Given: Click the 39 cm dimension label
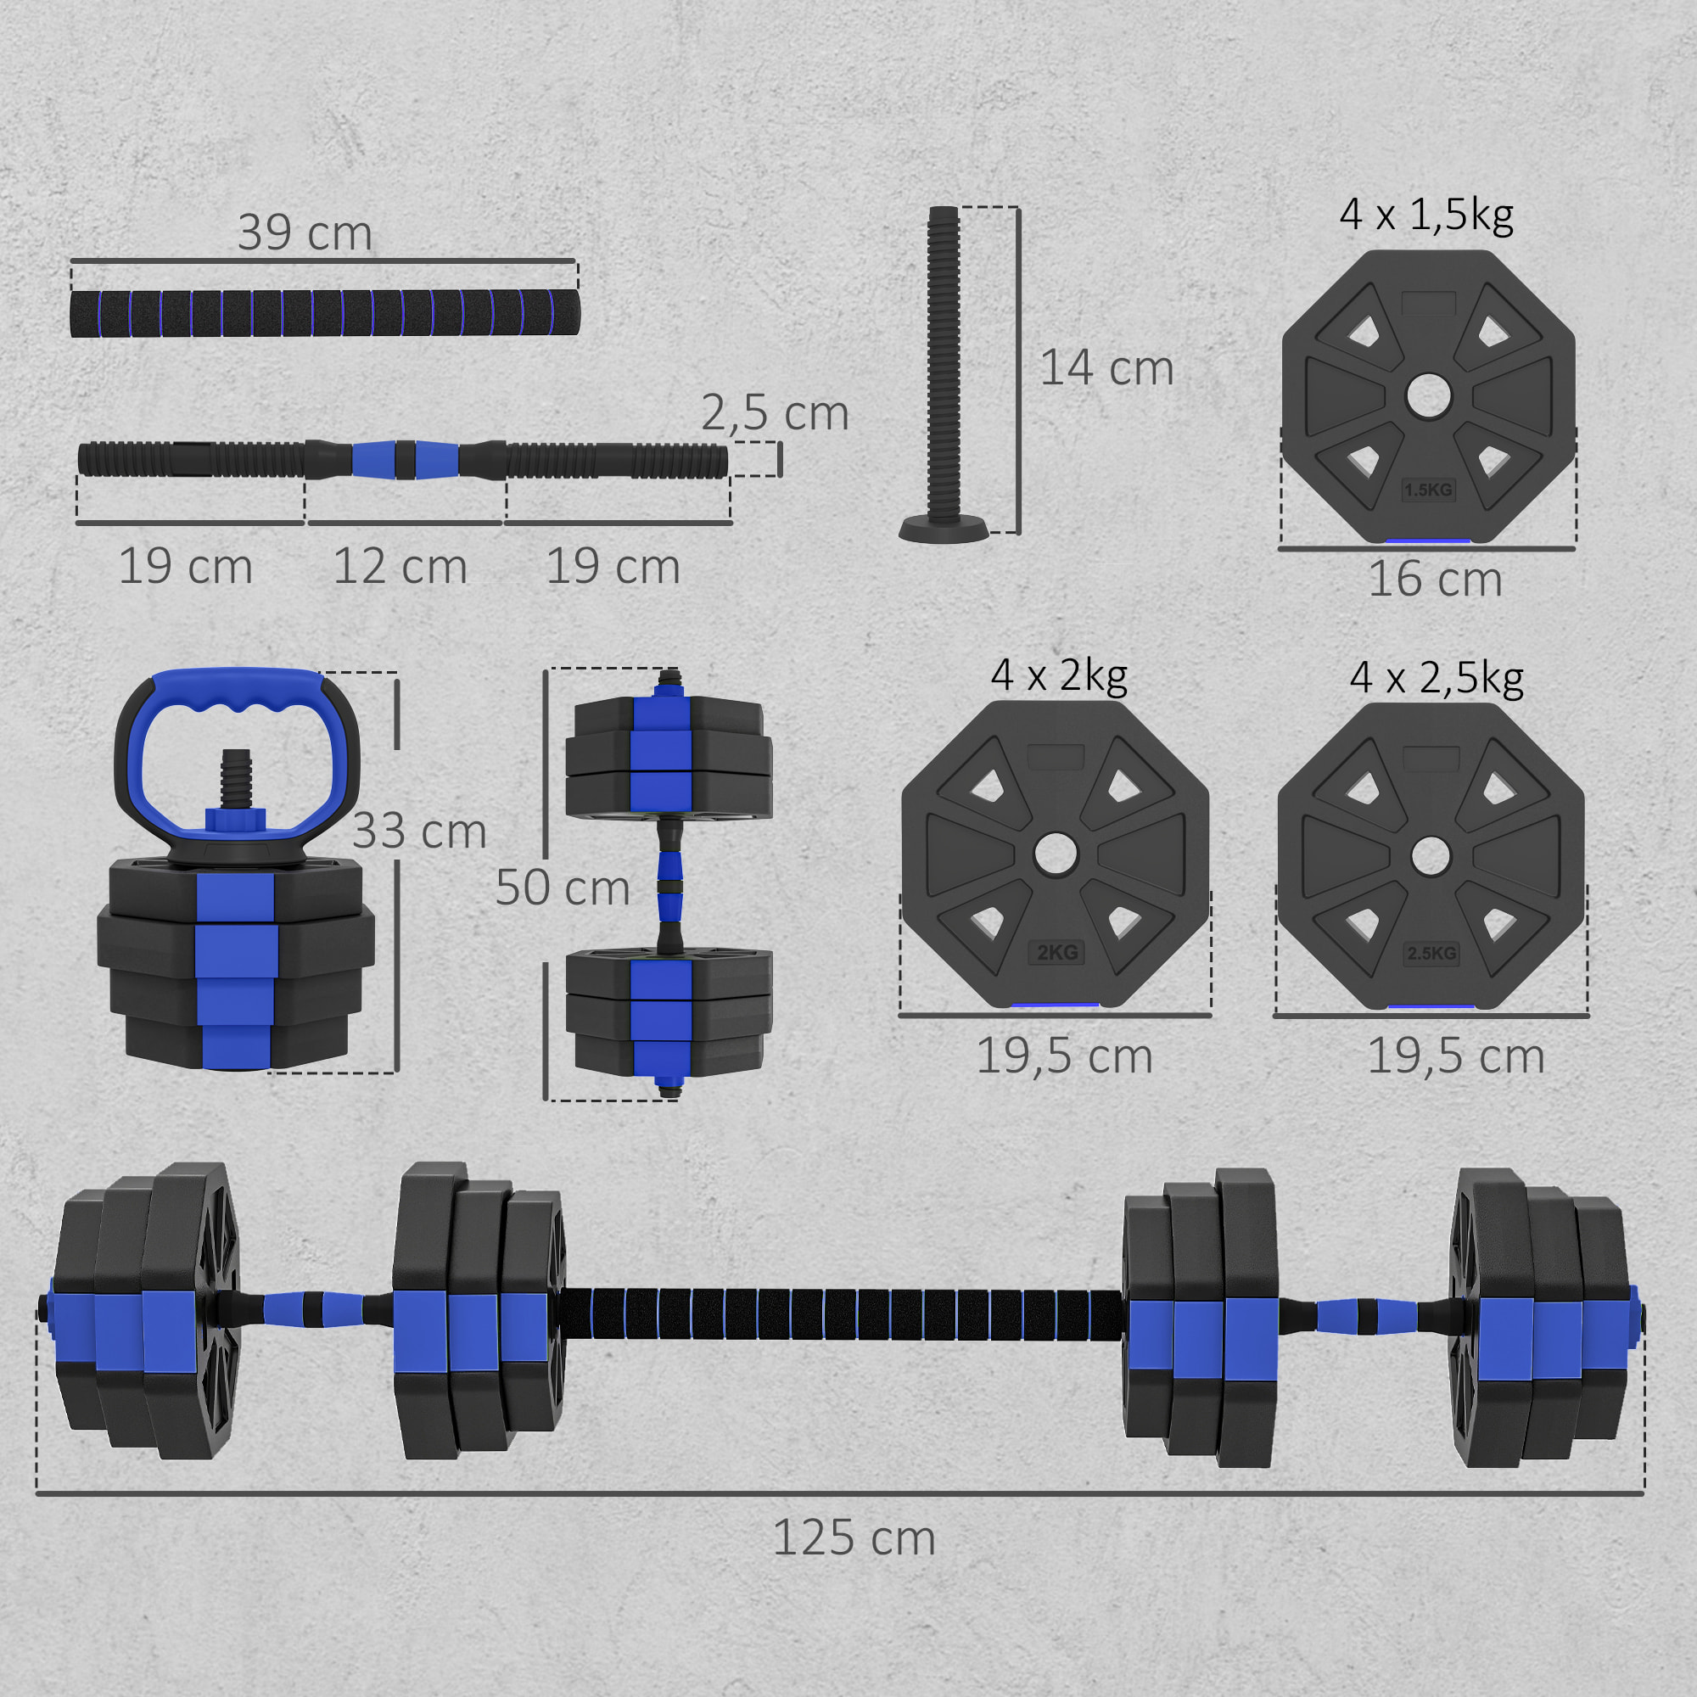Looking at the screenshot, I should pyautogui.click(x=305, y=232).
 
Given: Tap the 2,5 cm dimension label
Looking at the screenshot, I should pyautogui.click(x=775, y=413).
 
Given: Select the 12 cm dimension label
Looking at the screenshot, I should pyautogui.click(x=400, y=567).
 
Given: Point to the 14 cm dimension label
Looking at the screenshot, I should pyautogui.click(x=1106, y=368).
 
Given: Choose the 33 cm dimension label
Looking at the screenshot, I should pyautogui.click(x=419, y=831).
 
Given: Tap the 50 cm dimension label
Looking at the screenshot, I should pyautogui.click(x=563, y=888).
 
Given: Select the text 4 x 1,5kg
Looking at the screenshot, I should pyautogui.click(x=1426, y=216).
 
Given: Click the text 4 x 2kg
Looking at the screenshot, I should pyautogui.click(x=1058, y=675).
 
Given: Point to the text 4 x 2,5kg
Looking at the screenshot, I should pyautogui.click(x=1437, y=678).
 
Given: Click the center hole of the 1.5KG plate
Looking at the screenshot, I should pyautogui.click(x=1428, y=396).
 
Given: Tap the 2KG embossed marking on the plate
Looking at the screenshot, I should pyautogui.click(x=1056, y=953).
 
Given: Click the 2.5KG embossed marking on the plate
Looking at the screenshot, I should pyautogui.click(x=1431, y=953).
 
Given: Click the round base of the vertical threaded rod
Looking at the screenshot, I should pyautogui.click(x=944, y=529).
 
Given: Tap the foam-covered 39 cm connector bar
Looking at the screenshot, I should pyautogui.click(x=325, y=313).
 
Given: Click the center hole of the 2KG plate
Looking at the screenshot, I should pyautogui.click(x=1055, y=854).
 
